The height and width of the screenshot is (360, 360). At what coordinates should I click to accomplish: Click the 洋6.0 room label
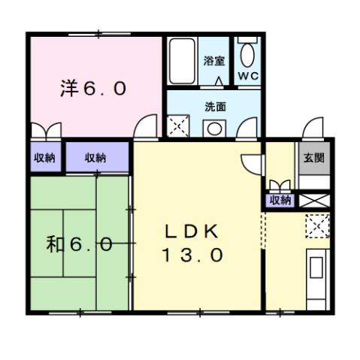(x=93, y=89)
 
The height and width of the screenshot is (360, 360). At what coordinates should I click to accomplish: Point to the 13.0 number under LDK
(x=191, y=256)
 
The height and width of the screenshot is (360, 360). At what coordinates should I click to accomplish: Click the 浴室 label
(x=214, y=61)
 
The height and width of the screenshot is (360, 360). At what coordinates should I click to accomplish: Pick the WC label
(x=247, y=77)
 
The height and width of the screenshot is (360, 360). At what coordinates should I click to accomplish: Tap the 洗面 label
(x=215, y=107)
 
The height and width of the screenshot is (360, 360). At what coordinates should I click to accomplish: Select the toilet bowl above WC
(x=247, y=54)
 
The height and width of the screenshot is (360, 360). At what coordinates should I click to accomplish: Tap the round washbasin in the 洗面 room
(x=215, y=128)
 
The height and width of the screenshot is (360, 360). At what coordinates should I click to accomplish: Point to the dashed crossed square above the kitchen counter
(x=317, y=225)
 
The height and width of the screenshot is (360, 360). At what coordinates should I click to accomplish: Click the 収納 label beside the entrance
(x=280, y=200)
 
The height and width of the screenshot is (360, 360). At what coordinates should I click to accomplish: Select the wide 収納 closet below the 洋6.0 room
(x=95, y=158)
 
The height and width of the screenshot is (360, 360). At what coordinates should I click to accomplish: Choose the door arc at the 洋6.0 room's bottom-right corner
(x=146, y=128)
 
